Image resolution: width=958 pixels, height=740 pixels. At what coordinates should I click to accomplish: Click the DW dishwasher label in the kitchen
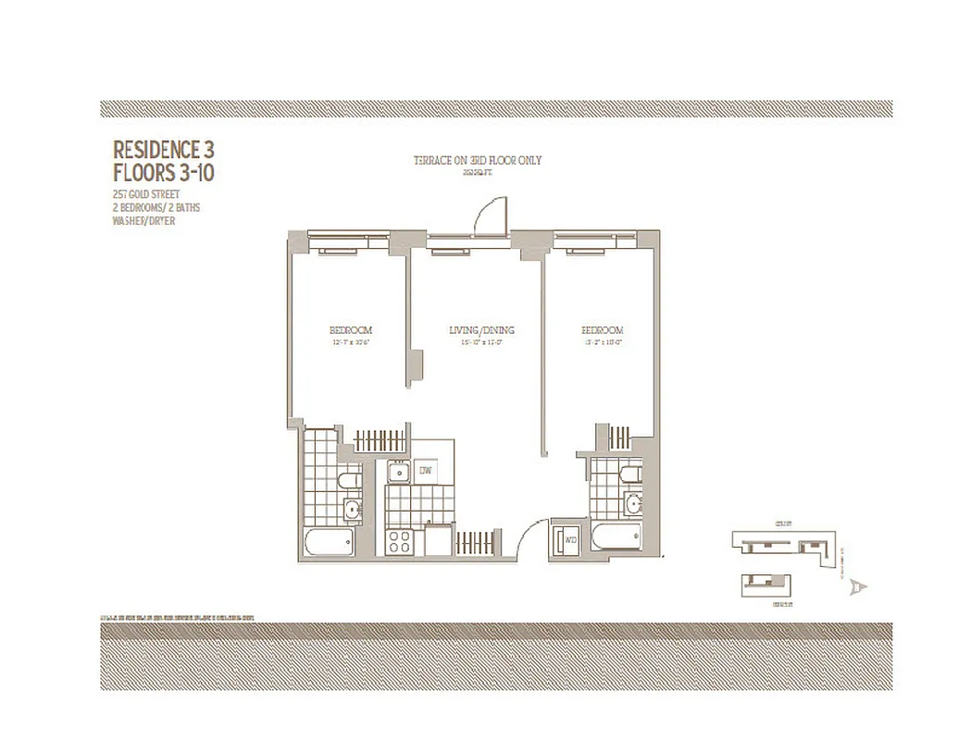coord(427,471)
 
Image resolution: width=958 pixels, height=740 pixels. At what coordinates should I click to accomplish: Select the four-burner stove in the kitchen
coord(403,541)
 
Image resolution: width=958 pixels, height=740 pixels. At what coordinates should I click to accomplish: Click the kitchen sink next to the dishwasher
coord(399,472)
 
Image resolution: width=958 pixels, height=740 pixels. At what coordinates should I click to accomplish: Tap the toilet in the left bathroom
coord(347,480)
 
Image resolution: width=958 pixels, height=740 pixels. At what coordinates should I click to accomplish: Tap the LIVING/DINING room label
coord(481,330)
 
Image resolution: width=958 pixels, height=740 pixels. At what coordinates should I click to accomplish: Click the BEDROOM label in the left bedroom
coord(351,330)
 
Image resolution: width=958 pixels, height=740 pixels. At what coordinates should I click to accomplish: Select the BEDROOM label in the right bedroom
coord(602,330)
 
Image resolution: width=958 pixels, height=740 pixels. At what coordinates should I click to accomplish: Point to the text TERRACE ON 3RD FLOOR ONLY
coord(478,161)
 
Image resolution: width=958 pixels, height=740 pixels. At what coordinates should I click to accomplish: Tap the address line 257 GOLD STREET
coord(145,195)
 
